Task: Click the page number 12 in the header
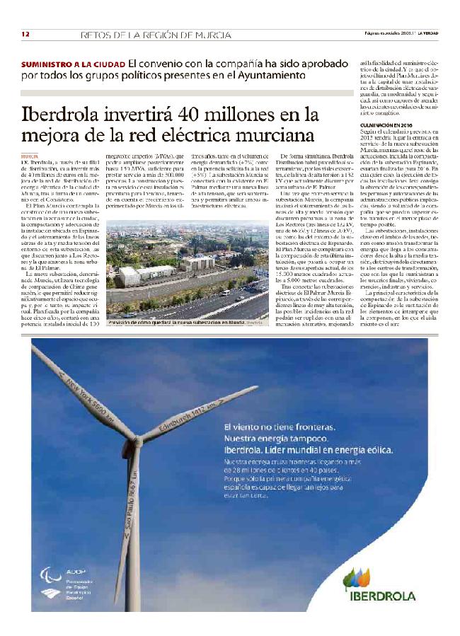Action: [25, 34]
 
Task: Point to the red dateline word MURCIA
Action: [30, 154]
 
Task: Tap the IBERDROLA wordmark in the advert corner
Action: [382, 596]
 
